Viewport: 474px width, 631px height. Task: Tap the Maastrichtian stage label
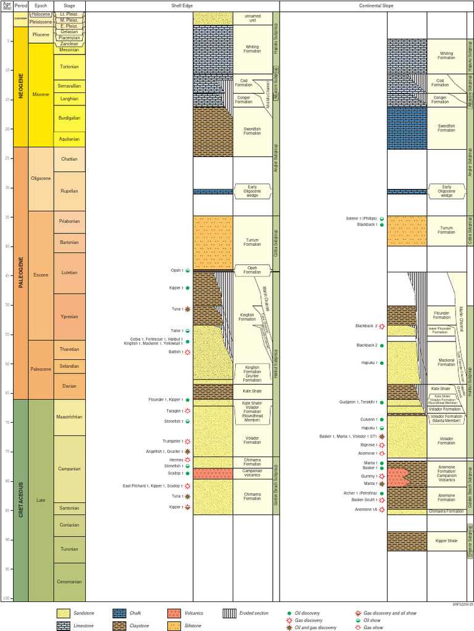[69, 417]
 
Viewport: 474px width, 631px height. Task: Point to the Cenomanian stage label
[69, 581]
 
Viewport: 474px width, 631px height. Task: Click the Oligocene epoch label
[41, 179]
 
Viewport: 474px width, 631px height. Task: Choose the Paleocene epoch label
[41, 369]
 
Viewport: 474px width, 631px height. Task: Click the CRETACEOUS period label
[21, 500]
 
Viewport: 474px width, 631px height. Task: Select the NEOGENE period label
[21, 86]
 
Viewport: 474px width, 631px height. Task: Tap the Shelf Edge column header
[183, 6]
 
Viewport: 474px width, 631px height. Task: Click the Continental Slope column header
[376, 6]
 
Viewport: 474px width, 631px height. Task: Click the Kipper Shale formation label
[446, 541]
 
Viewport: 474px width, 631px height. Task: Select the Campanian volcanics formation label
[252, 473]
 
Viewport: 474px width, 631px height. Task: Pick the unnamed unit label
[252, 18]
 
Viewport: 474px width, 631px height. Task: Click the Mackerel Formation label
[446, 362]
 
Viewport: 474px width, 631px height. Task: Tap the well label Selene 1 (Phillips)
[362, 218]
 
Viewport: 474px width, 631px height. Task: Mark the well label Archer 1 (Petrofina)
[362, 493]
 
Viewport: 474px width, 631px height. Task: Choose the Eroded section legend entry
[247, 614]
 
